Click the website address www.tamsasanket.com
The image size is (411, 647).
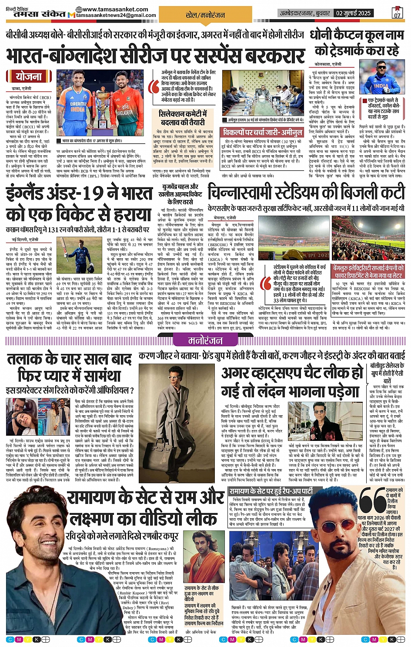(x=115, y=9)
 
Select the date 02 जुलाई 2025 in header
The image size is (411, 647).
(x=353, y=13)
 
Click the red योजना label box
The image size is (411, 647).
(x=29, y=77)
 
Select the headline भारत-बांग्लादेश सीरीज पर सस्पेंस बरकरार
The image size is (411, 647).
(x=155, y=56)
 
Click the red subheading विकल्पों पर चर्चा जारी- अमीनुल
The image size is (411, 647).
(x=262, y=132)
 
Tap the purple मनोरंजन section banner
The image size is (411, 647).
(x=205, y=340)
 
